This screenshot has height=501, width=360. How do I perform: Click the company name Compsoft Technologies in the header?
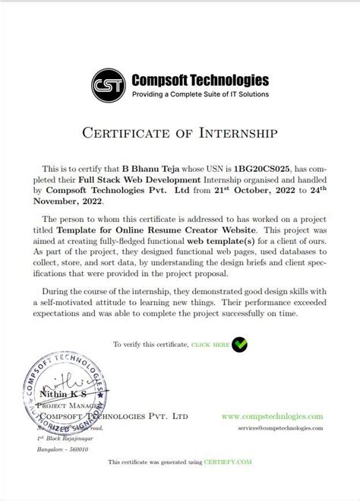(x=200, y=78)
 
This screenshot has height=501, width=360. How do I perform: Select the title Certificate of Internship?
(x=180, y=133)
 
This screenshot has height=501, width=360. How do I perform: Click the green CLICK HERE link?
(x=210, y=344)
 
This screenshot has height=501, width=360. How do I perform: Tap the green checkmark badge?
(x=239, y=344)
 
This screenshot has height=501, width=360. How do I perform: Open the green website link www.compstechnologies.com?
(x=273, y=417)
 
